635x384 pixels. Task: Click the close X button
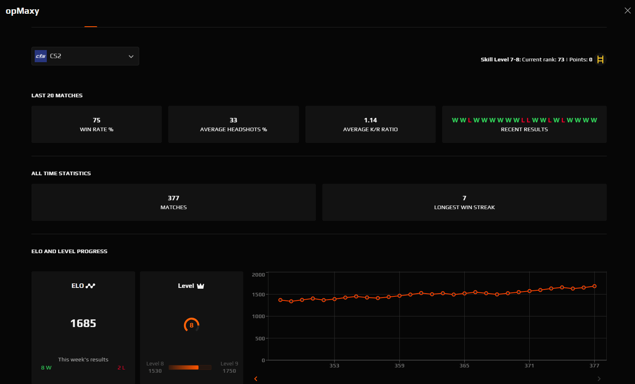pyautogui.click(x=627, y=10)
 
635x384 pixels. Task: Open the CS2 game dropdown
pyautogui.click(x=85, y=56)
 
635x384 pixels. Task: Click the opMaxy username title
pyautogui.click(x=23, y=11)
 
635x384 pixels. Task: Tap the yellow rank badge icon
pyautogui.click(x=600, y=59)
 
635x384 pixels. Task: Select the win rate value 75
pyautogui.click(x=96, y=120)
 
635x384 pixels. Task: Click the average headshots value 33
pyautogui.click(x=233, y=120)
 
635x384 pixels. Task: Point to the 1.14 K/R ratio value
pyautogui.click(x=370, y=120)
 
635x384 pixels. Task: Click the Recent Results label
pyautogui.click(x=524, y=130)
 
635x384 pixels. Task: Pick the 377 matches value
pyautogui.click(x=173, y=198)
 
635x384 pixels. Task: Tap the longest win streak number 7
pyautogui.click(x=464, y=198)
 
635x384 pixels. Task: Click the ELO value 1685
pyautogui.click(x=83, y=323)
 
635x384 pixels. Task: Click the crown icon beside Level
pyautogui.click(x=201, y=286)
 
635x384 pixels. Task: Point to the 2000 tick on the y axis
pyautogui.click(x=258, y=275)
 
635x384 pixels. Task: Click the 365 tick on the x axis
pyautogui.click(x=464, y=365)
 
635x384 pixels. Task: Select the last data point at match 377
pyautogui.click(x=595, y=286)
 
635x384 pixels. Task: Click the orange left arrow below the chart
pyautogui.click(x=256, y=379)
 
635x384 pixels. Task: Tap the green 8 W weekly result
pyautogui.click(x=46, y=367)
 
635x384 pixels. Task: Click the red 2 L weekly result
pyautogui.click(x=121, y=367)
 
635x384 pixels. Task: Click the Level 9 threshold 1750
pyautogui.click(x=229, y=371)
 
